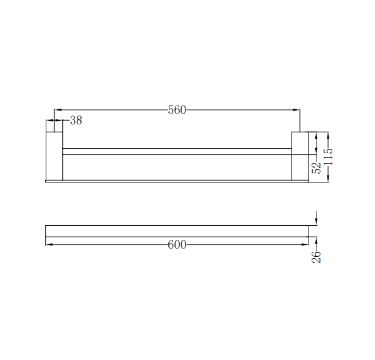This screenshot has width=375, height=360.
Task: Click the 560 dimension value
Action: pos(177,110)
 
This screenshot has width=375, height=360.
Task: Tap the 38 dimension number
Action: pos(76,121)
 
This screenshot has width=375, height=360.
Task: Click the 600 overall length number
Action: pos(177,245)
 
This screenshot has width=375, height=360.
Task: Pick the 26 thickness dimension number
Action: pos(316,256)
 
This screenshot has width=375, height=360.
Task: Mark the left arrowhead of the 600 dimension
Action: pos(49,245)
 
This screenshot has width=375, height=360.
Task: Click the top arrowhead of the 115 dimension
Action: pos(329,135)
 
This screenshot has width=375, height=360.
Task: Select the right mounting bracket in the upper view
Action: pos(301,156)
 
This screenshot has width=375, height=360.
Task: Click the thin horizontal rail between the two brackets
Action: pos(177,151)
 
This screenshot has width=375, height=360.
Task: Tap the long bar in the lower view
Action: pos(177,231)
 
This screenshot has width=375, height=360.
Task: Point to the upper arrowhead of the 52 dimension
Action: pos(316,135)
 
